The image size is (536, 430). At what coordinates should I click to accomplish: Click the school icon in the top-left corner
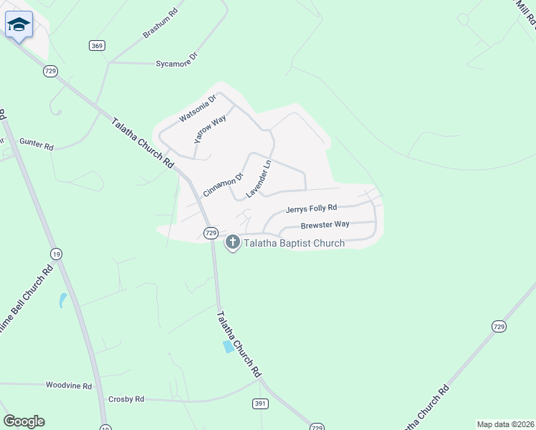click(x=19, y=25)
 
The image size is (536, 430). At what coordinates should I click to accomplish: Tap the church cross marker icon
click(x=233, y=243)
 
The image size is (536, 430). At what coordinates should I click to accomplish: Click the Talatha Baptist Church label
click(x=295, y=244)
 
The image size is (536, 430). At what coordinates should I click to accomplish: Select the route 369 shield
click(x=97, y=46)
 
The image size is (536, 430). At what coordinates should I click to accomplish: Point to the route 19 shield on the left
click(x=56, y=254)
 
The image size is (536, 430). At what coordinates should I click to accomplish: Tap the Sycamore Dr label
click(x=176, y=64)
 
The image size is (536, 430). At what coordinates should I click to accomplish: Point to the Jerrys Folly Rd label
click(x=311, y=209)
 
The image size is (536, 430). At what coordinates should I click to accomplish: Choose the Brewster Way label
click(x=325, y=224)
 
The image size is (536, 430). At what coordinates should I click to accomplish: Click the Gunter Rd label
click(x=37, y=145)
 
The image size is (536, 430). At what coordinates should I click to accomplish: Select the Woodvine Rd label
click(x=69, y=386)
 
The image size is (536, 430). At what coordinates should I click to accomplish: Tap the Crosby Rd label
click(x=126, y=398)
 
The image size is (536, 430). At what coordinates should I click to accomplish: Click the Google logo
click(x=24, y=421)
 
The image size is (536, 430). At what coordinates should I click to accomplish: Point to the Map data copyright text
click(x=505, y=424)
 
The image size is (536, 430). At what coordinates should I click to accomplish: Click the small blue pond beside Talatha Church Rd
click(x=228, y=347)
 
